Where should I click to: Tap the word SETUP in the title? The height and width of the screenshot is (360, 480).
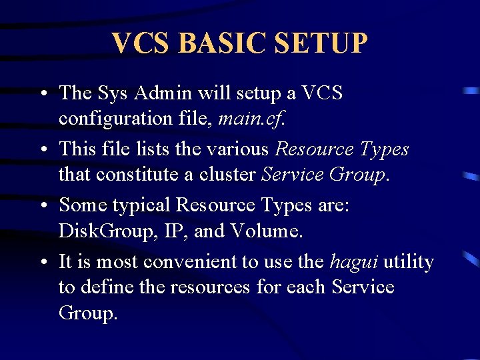321,43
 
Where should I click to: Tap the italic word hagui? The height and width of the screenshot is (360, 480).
354,261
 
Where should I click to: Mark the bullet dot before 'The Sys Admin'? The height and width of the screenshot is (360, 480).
42,93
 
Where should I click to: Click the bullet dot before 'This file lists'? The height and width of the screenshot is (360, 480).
42,149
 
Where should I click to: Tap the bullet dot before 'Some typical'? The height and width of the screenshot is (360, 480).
42,205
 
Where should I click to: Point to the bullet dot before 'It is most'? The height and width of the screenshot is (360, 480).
42,262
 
